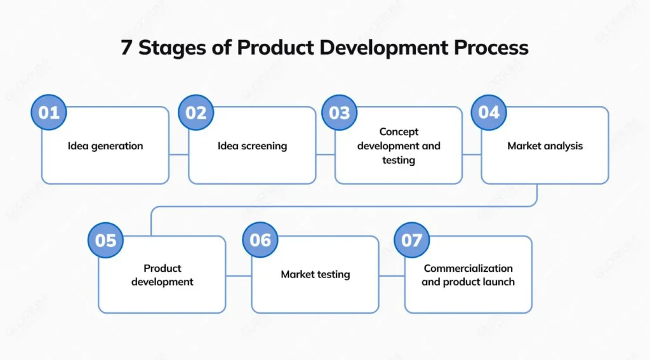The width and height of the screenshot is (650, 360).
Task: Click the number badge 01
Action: (x=49, y=112)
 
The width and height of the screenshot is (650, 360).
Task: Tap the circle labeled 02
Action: (x=196, y=112)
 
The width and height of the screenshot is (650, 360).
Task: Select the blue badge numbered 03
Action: (x=340, y=112)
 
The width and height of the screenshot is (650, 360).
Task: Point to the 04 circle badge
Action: (x=489, y=112)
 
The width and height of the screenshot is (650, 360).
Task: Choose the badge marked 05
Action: (x=106, y=240)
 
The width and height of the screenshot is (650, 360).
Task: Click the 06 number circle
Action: (x=260, y=240)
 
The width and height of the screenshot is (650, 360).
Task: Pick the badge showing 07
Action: (x=411, y=240)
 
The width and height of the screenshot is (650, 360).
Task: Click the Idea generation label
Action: (x=105, y=146)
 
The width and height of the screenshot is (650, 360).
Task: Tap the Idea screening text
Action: (x=252, y=146)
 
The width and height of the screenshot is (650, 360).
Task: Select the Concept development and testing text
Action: (x=399, y=146)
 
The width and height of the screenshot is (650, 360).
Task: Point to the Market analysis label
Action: (x=545, y=146)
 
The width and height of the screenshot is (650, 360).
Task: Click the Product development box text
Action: (x=162, y=275)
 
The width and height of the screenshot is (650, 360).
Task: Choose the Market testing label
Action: (x=315, y=275)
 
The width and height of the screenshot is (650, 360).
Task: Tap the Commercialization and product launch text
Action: (x=468, y=275)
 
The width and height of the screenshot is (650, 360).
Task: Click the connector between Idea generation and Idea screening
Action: (x=179, y=154)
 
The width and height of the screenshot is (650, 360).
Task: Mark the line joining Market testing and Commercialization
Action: (x=392, y=276)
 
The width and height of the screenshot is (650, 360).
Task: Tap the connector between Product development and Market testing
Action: (x=239, y=276)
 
